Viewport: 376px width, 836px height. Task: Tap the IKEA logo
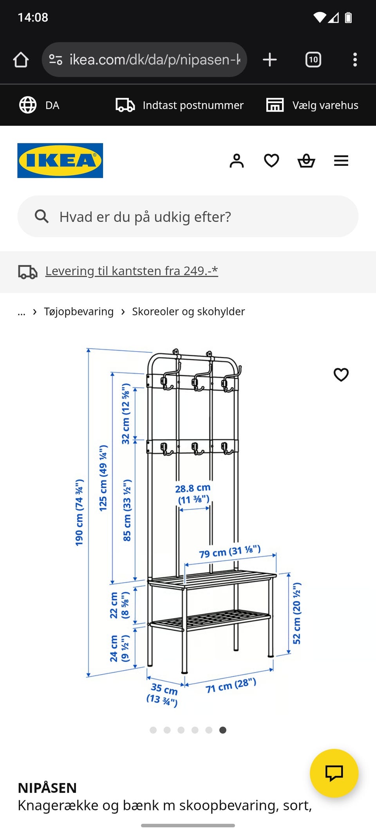click(x=60, y=160)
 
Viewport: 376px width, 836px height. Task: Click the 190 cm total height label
click(x=79, y=512)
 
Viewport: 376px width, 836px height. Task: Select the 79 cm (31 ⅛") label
click(x=230, y=551)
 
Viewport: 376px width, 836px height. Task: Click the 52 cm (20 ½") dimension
click(x=297, y=613)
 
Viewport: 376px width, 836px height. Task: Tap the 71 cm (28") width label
click(x=231, y=685)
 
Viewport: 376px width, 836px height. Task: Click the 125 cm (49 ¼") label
click(x=103, y=478)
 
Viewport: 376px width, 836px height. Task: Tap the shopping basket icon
click(x=306, y=161)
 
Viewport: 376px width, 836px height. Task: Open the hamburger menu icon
click(x=341, y=161)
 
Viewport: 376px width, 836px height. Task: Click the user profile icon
click(x=237, y=161)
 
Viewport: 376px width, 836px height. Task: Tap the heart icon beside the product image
click(x=341, y=375)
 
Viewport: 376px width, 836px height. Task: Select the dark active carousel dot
click(x=222, y=730)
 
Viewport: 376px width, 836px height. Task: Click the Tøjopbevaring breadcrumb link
click(x=79, y=312)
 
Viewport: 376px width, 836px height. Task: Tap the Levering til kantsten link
click(x=132, y=271)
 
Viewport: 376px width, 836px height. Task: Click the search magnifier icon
click(x=42, y=216)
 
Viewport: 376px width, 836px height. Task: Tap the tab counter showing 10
click(x=313, y=60)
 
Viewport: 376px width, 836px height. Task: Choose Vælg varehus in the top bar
click(x=325, y=105)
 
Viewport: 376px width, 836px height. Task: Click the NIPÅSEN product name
click(x=47, y=788)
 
